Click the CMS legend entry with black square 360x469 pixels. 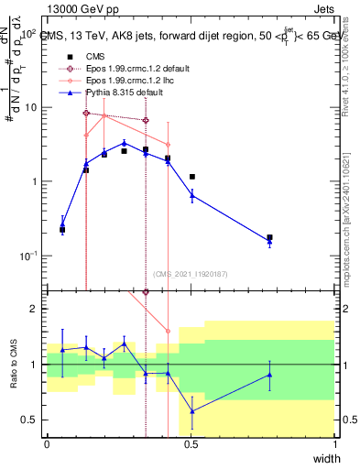click(x=96, y=55)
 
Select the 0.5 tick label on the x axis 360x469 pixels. click(x=191, y=443)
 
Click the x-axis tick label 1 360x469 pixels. click(x=335, y=443)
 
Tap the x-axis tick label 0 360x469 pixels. click(x=47, y=443)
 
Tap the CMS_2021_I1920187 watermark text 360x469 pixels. click(x=190, y=273)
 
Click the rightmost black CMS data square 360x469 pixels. click(x=269, y=237)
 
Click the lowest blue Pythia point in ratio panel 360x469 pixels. click(x=191, y=411)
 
